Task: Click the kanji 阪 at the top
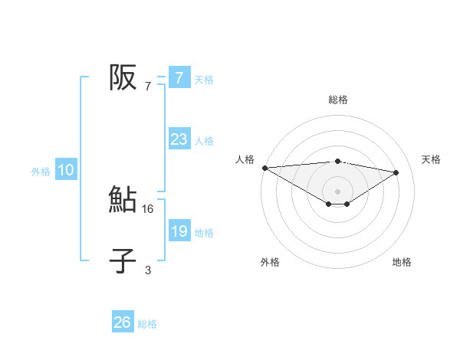coord(123,77)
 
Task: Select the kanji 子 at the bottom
coord(123,261)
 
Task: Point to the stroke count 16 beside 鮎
coord(148,208)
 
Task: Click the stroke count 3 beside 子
coord(148,270)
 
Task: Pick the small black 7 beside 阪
coord(148,86)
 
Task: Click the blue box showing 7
coord(179,78)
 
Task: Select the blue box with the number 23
coord(179,139)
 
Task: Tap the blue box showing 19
coord(179,231)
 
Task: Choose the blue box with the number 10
coord(66,171)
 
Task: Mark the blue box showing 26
coord(123,322)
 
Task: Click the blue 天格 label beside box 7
coord(204,80)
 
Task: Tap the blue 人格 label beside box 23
coord(204,141)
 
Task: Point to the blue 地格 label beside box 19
coord(204,233)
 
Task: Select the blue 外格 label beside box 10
coord(41,172)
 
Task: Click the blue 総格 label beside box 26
coord(147,324)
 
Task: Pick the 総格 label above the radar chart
coord(338,100)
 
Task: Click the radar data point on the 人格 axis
coord(264,167)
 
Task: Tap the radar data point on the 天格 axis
coord(396,172)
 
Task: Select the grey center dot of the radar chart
coord(337,191)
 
